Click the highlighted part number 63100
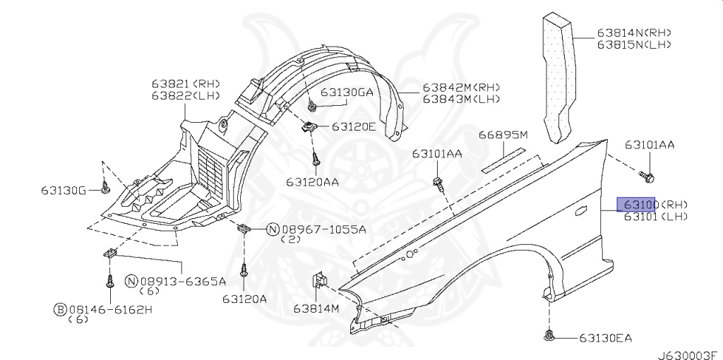coord(638,205)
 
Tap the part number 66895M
coord(503,135)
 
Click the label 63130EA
coord(607,338)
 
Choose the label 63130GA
coord(347,92)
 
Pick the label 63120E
coord(354,127)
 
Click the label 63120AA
coord(313,181)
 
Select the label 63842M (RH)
coord(461,88)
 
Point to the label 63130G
coord(63,191)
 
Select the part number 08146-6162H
coord(111,309)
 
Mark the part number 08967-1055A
coord(323,229)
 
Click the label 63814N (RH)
coord(633,32)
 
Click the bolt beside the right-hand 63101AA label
coord(645,173)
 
